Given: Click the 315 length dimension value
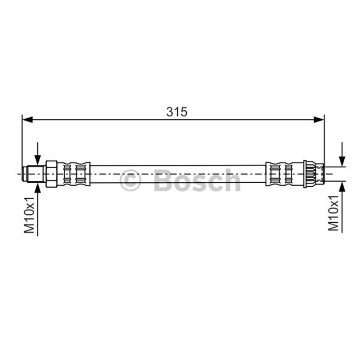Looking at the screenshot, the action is click(x=176, y=112).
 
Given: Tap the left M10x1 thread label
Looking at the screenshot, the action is click(x=29, y=215).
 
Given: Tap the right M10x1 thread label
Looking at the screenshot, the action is click(x=333, y=213).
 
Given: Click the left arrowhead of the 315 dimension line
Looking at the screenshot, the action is click(x=27, y=120).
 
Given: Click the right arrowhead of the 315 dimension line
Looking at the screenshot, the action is click(x=319, y=120).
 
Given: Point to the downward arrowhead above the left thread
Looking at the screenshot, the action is click(x=38, y=160).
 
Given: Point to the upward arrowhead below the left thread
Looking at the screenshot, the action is click(x=38, y=188).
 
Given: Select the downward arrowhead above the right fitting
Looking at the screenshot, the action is click(x=342, y=161).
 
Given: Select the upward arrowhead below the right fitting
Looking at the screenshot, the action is click(x=342, y=186).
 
